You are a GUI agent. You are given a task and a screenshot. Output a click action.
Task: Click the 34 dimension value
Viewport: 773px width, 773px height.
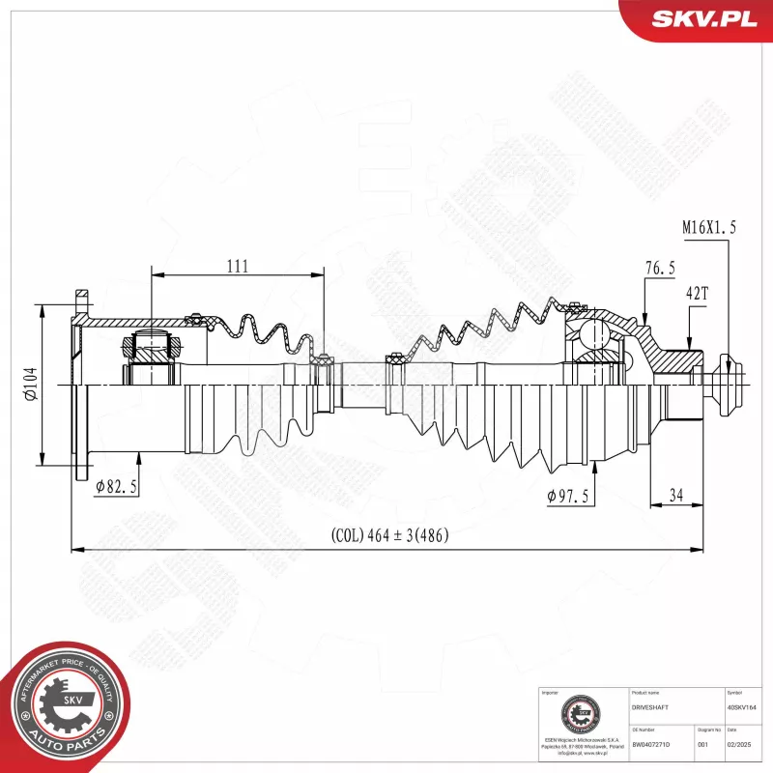tap(675, 496)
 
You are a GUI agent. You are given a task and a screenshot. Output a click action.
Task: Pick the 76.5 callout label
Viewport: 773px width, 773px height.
tap(660, 268)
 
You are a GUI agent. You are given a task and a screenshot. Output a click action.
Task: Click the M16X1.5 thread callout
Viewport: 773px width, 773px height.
tap(709, 228)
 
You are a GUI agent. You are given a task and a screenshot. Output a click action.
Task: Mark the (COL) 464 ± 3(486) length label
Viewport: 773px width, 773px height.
tap(389, 534)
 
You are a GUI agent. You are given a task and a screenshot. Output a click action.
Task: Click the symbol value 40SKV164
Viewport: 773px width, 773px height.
tap(743, 708)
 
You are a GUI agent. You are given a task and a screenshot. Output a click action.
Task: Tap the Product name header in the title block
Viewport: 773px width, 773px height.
tap(644, 693)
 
